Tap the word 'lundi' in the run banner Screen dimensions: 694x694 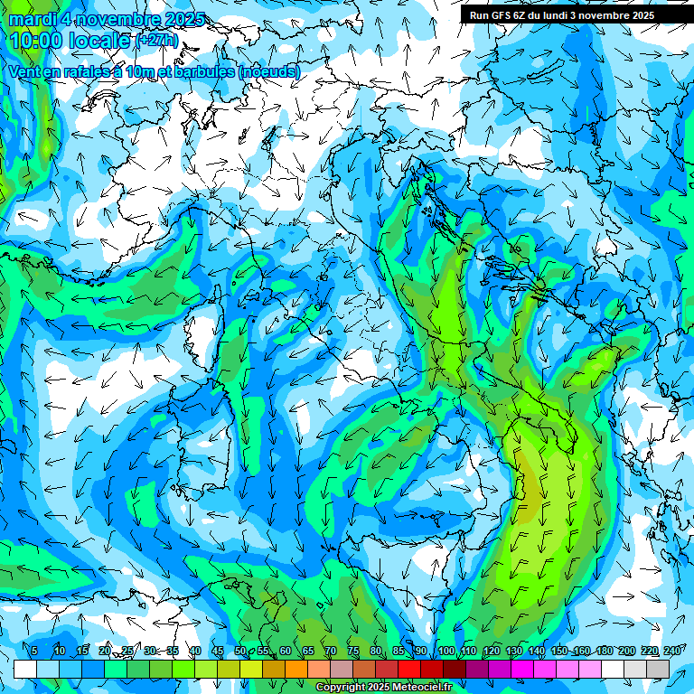[x=569, y=15]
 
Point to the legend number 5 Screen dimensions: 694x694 [x=34, y=652]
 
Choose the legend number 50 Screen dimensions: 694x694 [x=239, y=652]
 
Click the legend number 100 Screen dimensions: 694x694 [x=445, y=652]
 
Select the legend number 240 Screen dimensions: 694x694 [x=671, y=652]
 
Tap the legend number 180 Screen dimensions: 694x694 [x=603, y=652]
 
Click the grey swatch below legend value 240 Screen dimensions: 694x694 [x=658, y=669]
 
